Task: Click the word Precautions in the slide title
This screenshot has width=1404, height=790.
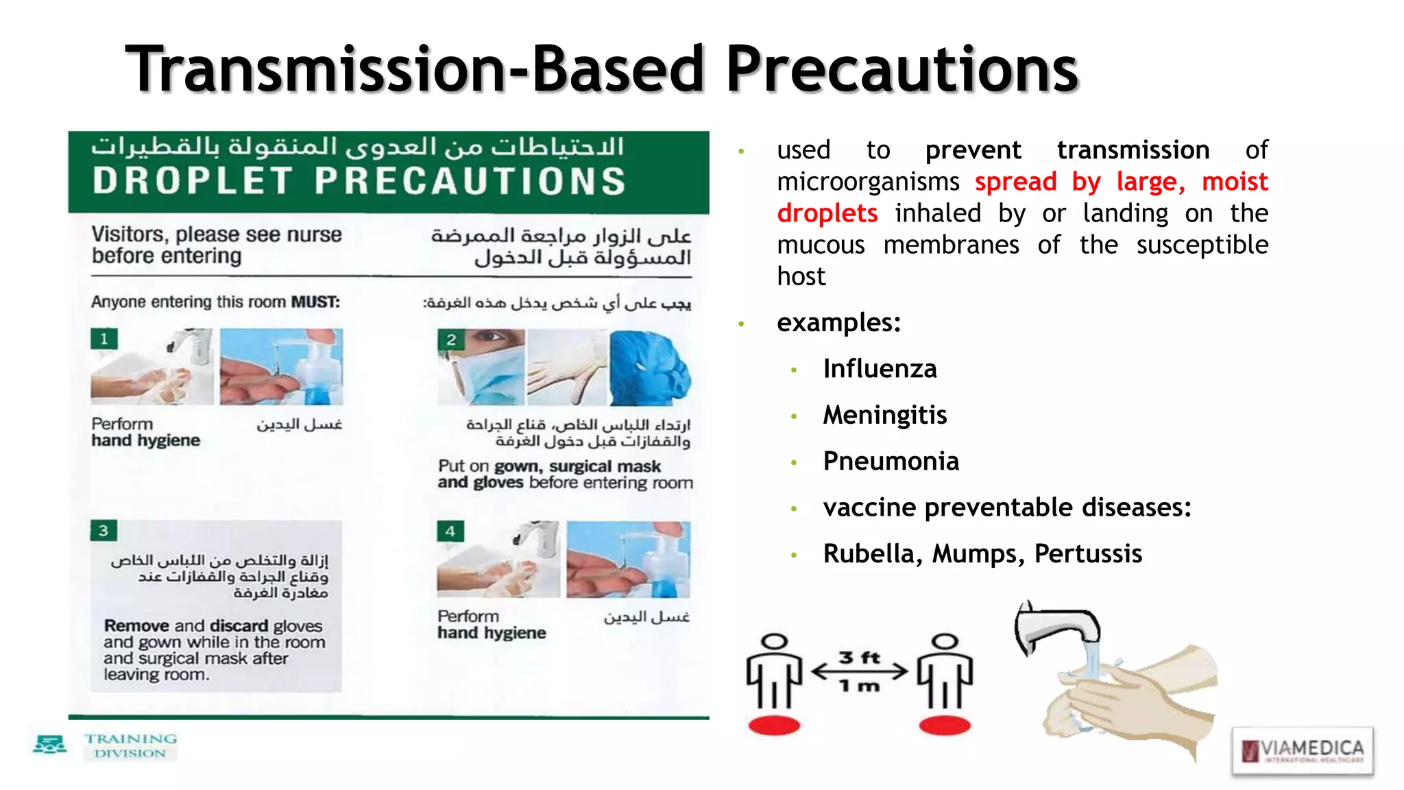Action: tap(901, 69)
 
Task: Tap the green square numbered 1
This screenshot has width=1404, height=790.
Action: tap(104, 339)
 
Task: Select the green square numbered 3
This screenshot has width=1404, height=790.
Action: tap(104, 530)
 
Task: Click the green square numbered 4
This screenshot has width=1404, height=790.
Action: tap(450, 531)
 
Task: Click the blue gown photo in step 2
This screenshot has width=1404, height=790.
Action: tap(649, 368)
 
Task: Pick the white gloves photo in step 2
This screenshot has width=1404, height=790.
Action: tap(566, 368)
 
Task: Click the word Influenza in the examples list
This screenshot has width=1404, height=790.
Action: tap(880, 369)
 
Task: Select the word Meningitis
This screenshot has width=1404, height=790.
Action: tap(884, 415)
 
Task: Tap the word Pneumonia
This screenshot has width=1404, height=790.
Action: tap(891, 462)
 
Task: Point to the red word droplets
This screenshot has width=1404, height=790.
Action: tap(827, 213)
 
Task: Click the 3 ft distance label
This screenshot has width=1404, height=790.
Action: tap(860, 657)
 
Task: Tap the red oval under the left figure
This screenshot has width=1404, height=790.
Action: tap(774, 725)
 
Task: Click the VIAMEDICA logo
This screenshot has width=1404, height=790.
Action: tap(1302, 750)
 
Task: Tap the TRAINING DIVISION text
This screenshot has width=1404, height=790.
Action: tap(130, 745)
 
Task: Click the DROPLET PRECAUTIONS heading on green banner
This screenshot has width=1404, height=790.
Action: tap(359, 181)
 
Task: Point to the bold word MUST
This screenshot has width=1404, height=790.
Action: tap(315, 302)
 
